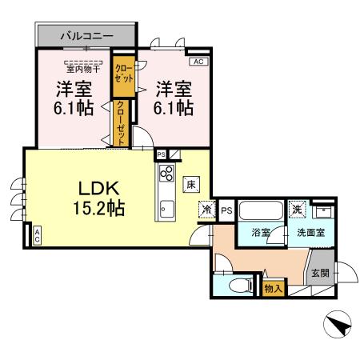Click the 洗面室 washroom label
pos(310,233)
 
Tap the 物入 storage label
pos(273,286)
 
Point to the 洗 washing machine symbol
pos(298,208)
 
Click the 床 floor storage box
pos(192,182)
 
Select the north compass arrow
pos(339,325)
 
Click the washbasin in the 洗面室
pos(324,211)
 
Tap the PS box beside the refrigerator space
pos(226,210)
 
